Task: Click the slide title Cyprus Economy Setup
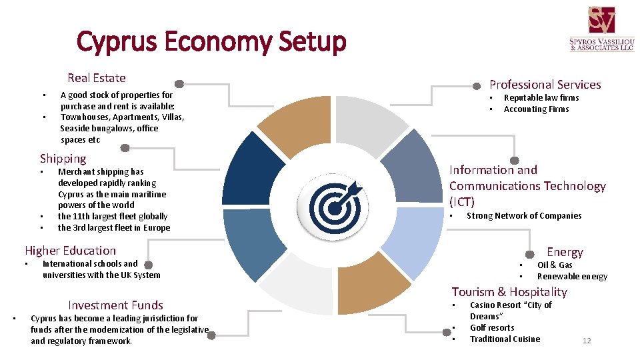211,42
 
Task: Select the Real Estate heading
97,78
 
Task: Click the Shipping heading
63,159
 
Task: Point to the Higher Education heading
70,251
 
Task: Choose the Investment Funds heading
115,305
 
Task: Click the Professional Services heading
545,85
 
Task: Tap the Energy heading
565,252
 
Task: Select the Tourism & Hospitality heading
509,292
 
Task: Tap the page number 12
587,341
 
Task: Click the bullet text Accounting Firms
536,109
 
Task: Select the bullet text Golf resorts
492,328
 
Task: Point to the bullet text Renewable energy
572,277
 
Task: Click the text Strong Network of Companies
524,216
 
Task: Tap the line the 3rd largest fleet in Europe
114,228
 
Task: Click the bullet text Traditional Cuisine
505,339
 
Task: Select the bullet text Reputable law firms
541,98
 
